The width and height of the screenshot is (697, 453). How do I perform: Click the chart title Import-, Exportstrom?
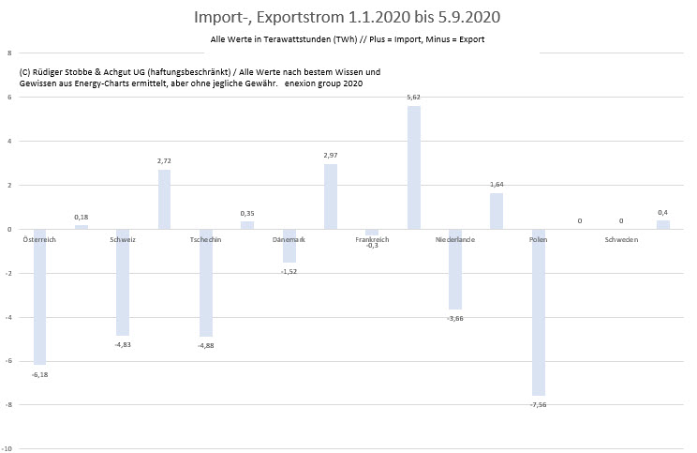tap(348, 17)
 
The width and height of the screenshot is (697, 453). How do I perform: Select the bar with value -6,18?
tap(40, 296)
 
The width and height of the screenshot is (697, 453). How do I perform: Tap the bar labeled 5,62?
tap(413, 168)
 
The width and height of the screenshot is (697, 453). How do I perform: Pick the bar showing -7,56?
tap(538, 312)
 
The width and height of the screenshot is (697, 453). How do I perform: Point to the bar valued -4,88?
tap(206, 282)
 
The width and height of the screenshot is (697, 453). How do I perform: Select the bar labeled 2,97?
tap(330, 197)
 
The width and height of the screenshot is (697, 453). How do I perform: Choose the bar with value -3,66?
tap(455, 269)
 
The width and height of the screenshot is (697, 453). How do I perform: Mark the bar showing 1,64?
tap(497, 211)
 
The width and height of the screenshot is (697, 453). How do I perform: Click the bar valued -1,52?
tap(289, 246)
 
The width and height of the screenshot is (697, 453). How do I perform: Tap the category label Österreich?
tap(40, 240)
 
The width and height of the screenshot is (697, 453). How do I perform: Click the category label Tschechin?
tap(206, 240)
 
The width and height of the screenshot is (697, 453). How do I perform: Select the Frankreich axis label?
tap(372, 240)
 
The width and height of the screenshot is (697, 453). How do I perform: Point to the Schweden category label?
tap(621, 240)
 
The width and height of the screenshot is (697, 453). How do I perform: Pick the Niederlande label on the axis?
tap(455, 240)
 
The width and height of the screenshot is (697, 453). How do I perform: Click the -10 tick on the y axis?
tap(7, 449)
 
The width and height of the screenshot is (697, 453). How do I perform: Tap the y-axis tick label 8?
tap(8, 53)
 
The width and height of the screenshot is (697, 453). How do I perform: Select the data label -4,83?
tap(123, 346)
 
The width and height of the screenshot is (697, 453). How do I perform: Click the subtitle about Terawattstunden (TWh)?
tap(348, 40)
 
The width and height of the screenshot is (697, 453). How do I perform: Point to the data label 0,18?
tap(82, 218)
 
